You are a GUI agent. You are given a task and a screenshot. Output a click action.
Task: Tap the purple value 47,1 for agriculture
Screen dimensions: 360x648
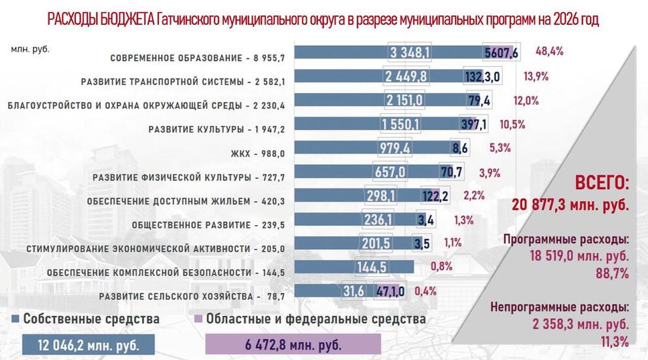[389, 291]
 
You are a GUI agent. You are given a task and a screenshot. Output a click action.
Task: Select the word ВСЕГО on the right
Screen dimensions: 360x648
[602, 183]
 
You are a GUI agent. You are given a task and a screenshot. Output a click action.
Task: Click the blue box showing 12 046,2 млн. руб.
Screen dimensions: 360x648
[89, 344]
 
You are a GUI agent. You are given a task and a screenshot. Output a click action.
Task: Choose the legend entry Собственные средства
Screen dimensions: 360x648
[91, 319]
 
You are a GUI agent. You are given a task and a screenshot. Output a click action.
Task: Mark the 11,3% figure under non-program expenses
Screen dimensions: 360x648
[615, 340]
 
